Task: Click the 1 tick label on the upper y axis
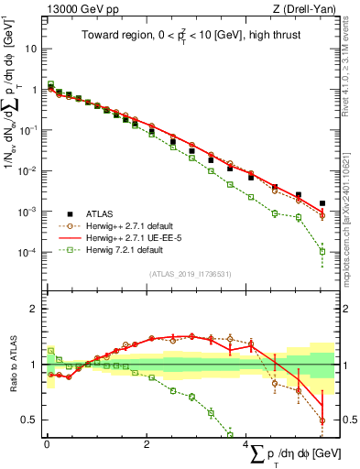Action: coord(33,90)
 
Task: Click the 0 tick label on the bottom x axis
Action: coord(47,446)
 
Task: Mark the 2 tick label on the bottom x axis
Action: coord(147,446)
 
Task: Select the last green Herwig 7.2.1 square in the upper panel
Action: coord(322,251)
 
